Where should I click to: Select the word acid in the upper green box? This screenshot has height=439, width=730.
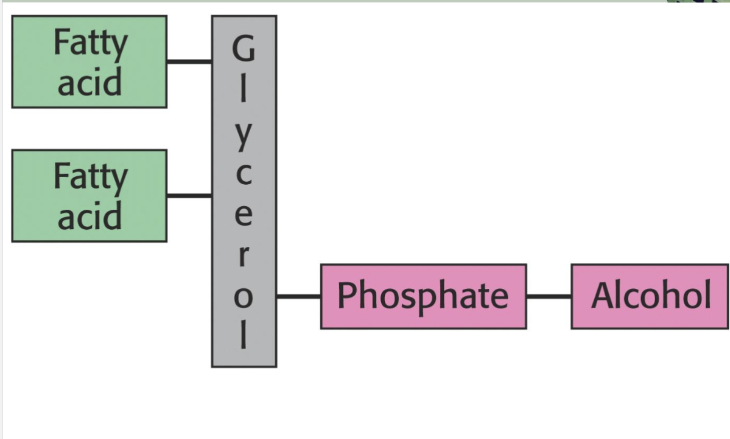point(89,81)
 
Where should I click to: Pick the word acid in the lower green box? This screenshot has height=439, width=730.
point(89,216)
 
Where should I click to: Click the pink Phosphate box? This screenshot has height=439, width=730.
point(423,296)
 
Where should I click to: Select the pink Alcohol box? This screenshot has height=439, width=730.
point(650,296)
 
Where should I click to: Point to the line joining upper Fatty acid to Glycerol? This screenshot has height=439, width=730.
point(189,61)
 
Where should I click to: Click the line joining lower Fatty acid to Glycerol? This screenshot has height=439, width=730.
point(189,196)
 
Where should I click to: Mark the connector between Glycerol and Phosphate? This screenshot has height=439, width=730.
point(298,297)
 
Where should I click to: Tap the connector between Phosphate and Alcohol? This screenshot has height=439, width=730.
point(549,297)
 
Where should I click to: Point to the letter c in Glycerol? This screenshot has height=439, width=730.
point(244,175)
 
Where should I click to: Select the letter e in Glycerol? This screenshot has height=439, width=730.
point(244,215)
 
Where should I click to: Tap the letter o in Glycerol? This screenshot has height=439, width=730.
point(244,296)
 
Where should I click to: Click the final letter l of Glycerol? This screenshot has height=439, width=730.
point(244,334)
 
